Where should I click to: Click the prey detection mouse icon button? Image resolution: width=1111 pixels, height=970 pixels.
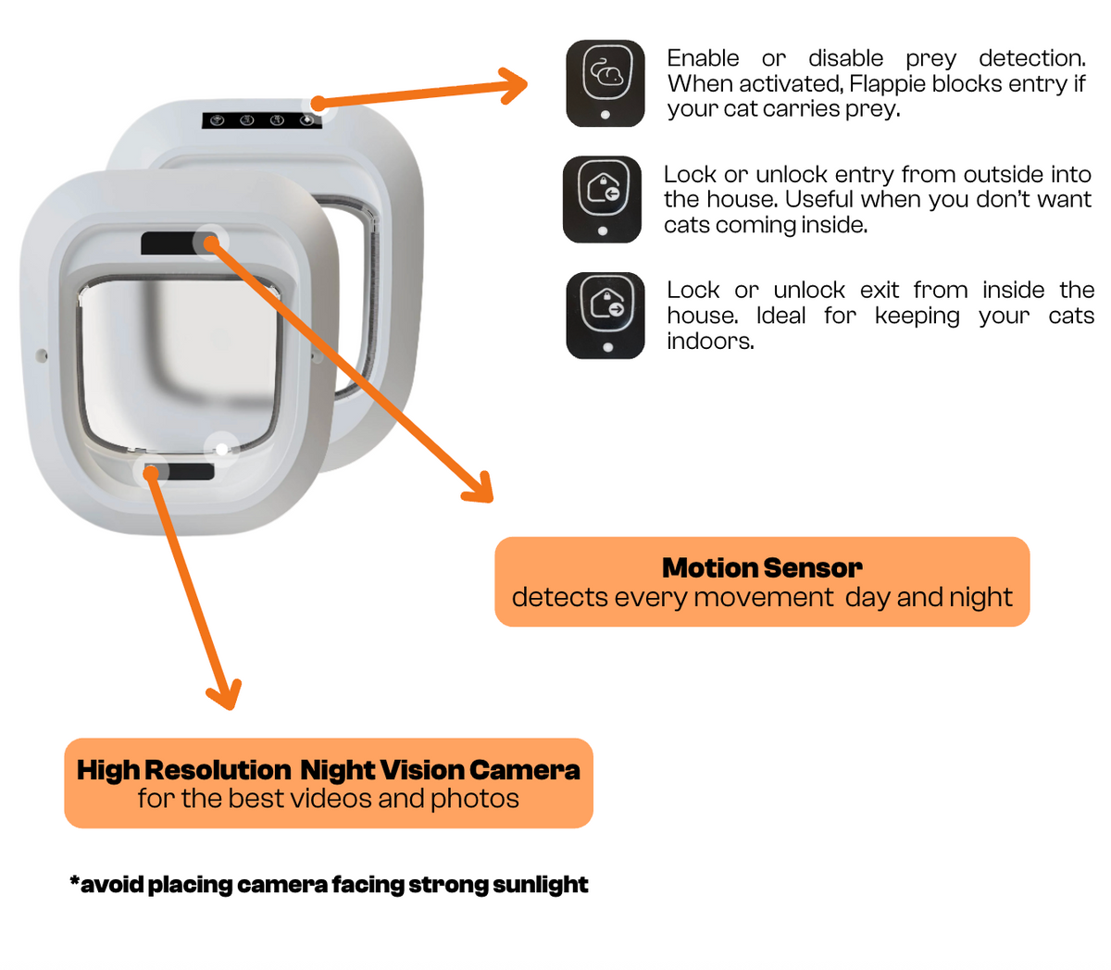click(x=605, y=83)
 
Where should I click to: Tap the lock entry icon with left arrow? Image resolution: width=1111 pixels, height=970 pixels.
click(x=602, y=199)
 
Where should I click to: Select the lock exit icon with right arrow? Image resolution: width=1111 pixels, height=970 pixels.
click(x=605, y=316)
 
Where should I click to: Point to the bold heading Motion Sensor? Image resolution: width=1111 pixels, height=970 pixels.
click(x=762, y=567)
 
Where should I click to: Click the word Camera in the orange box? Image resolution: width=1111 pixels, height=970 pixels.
click(x=525, y=770)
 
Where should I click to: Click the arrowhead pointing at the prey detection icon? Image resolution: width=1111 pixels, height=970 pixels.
click(x=513, y=85)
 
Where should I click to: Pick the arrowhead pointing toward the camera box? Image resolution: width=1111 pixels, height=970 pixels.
click(x=225, y=694)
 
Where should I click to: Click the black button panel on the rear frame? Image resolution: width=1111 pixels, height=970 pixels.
click(x=262, y=120)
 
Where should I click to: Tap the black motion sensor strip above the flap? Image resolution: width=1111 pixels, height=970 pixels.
click(x=179, y=242)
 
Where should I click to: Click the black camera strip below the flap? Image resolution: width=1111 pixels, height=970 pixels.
click(x=180, y=472)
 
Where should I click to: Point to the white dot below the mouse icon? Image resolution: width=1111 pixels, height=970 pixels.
click(x=605, y=115)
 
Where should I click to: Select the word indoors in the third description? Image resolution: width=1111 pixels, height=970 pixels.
click(x=710, y=342)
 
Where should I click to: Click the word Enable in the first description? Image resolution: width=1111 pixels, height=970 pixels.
click(x=703, y=58)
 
